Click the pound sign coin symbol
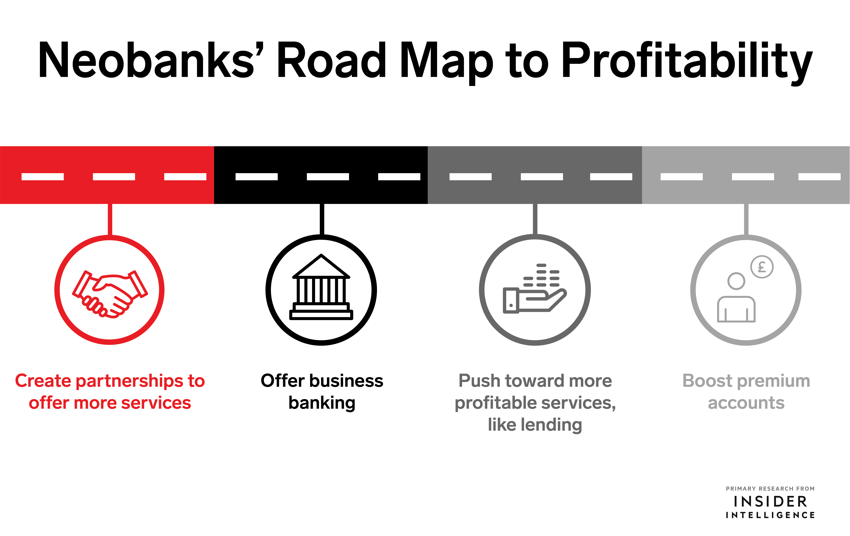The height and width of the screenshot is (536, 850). click(762, 267)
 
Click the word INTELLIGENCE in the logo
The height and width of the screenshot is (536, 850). click(770, 515)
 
